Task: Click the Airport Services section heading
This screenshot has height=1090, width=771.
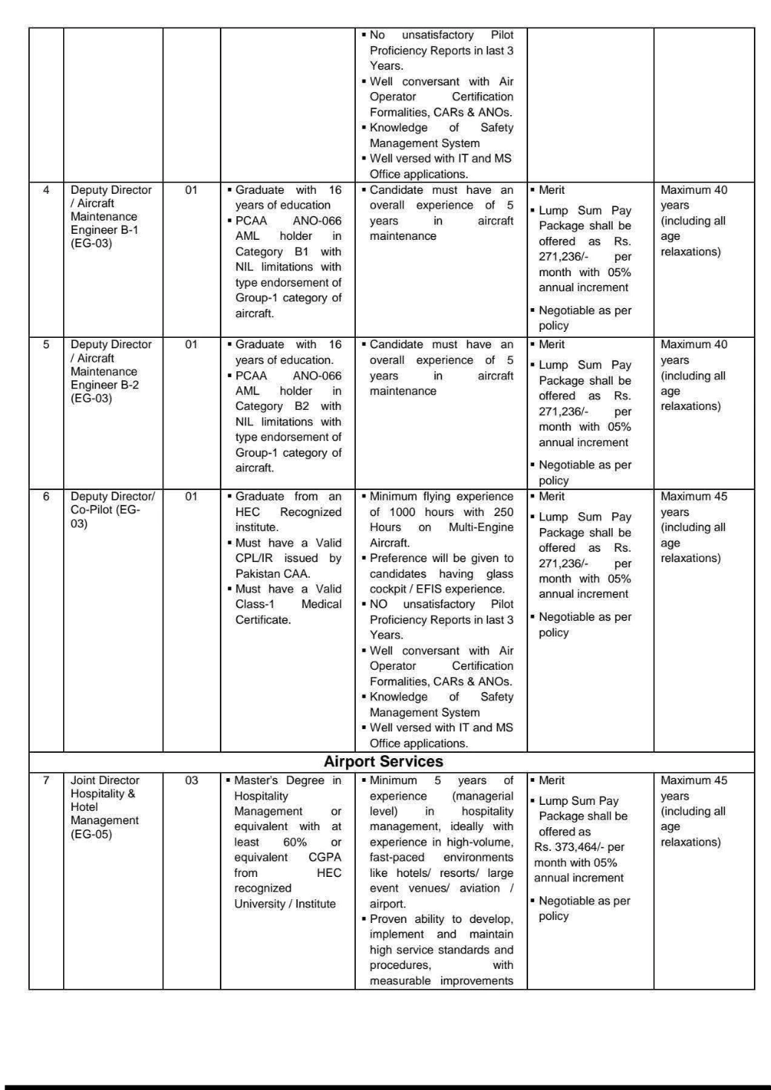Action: point(383,762)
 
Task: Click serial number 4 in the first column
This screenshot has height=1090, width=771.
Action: point(46,190)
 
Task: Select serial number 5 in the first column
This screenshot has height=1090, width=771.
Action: point(46,345)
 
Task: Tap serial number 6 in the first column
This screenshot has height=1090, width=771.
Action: point(46,497)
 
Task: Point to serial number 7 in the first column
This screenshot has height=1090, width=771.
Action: point(46,780)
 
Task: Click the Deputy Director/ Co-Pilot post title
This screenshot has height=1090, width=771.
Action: point(111,509)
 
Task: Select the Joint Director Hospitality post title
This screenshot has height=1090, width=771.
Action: point(105,800)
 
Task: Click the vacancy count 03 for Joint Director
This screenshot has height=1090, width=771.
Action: point(192,780)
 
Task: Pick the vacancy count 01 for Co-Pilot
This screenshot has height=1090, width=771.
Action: point(192,497)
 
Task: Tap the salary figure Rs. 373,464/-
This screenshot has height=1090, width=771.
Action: point(579,847)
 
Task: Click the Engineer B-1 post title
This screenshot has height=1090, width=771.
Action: point(104,229)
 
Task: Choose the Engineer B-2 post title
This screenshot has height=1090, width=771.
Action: point(104,385)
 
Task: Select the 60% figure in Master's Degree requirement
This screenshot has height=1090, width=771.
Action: point(294,842)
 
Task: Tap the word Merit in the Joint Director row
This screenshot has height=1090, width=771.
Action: point(552,780)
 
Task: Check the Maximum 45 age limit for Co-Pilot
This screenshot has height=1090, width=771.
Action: point(694,497)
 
